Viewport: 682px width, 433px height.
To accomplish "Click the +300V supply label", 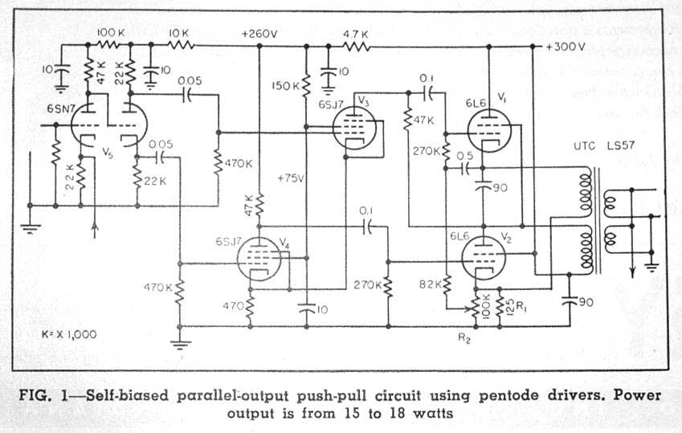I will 566,47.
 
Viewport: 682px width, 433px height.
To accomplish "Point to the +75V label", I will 292,178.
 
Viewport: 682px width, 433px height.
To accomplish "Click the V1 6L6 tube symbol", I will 488,129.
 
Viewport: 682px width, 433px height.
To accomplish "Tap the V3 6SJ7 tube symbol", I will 351,128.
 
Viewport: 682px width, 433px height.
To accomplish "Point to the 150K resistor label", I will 285,85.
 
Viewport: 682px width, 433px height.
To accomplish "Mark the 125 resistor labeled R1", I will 500,306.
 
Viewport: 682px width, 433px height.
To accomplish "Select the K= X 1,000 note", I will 68,333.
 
